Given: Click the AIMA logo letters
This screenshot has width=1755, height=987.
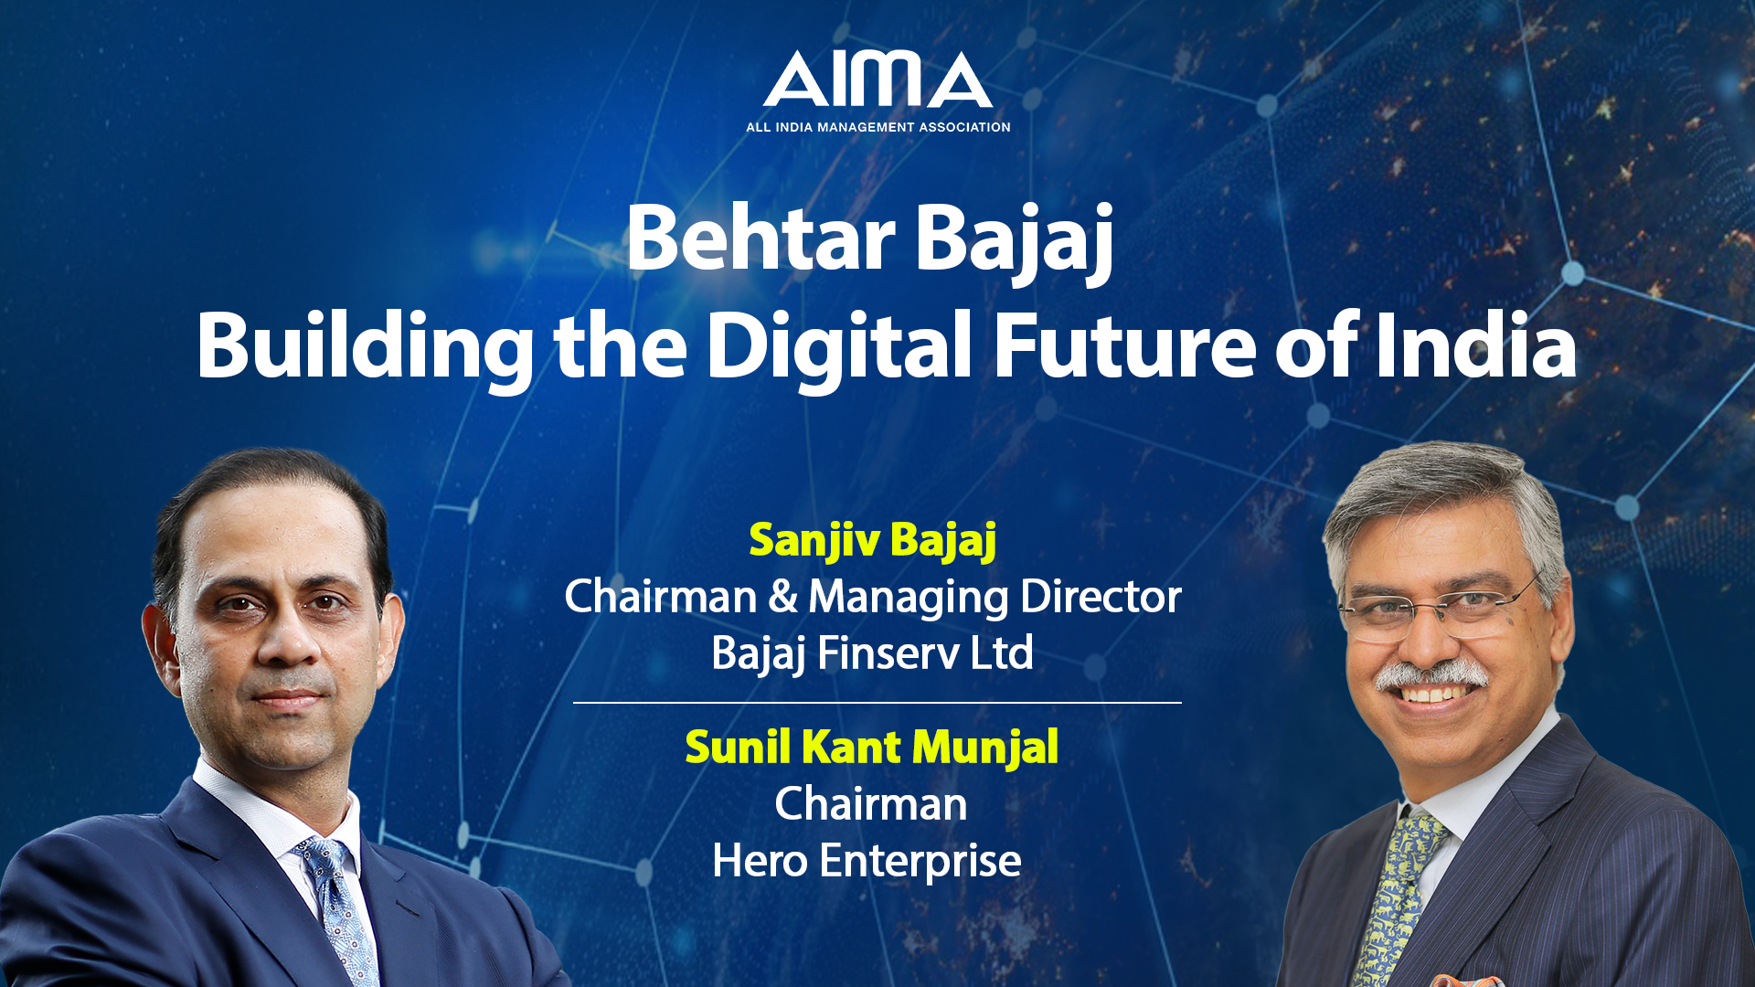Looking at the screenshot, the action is pos(877,79).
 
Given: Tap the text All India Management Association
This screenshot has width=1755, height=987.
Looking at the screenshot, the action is pos(877,127).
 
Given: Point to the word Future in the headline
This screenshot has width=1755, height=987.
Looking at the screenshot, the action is pos(1125,345).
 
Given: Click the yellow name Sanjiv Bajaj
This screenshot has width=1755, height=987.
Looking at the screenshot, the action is pos(873,540).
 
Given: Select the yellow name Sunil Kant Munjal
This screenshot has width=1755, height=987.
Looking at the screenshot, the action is pos(872,748).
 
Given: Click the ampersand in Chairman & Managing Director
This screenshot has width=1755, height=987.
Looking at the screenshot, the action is pos(782,597).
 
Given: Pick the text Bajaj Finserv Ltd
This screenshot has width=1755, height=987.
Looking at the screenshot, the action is pos(873,653).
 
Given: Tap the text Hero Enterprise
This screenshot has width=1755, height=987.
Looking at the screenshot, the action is pos(867,861).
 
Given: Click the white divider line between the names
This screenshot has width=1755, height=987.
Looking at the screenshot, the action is pos(877,703).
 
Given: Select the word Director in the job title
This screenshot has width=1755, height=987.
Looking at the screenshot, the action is pos(1101,597).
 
